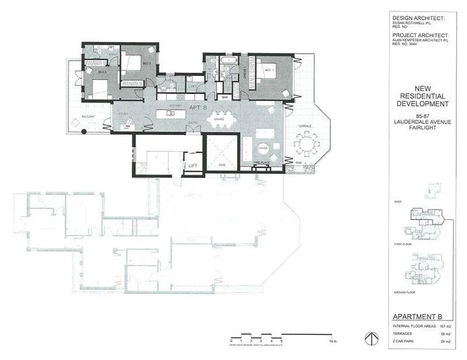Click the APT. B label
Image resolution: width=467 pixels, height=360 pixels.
(196, 108)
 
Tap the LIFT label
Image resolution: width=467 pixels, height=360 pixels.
(193, 166)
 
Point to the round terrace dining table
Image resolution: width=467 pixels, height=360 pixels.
(307, 142)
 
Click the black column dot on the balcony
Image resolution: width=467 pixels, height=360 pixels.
(84, 132)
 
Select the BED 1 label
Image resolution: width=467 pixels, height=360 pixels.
(269, 69)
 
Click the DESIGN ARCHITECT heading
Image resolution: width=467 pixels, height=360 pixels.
(419, 19)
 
